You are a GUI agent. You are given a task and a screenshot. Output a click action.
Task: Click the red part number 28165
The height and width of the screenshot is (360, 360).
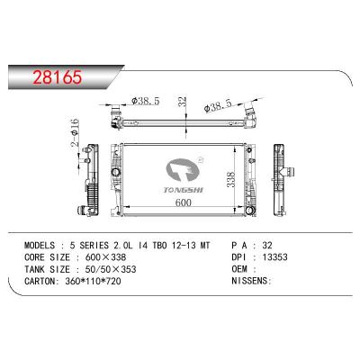[x=58, y=77]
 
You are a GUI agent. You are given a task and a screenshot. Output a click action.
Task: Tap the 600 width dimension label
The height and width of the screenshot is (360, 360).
[x=183, y=202]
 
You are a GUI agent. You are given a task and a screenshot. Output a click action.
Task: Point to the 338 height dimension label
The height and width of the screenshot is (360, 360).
[x=230, y=180]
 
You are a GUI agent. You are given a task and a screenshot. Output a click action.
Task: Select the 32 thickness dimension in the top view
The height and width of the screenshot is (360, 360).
[x=183, y=102]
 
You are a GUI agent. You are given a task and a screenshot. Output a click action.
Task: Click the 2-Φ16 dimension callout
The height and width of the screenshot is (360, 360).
[x=75, y=133]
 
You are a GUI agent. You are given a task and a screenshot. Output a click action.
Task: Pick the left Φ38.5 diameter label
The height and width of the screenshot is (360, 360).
[x=146, y=101]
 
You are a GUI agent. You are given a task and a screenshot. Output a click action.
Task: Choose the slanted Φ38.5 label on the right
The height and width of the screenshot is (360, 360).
[x=218, y=105]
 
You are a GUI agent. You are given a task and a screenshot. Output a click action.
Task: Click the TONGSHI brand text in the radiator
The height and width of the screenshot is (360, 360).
[x=184, y=190]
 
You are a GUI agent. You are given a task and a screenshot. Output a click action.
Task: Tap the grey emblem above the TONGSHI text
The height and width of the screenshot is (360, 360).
[x=183, y=170]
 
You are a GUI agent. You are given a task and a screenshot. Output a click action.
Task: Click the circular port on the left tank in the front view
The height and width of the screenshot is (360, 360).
[x=115, y=172]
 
